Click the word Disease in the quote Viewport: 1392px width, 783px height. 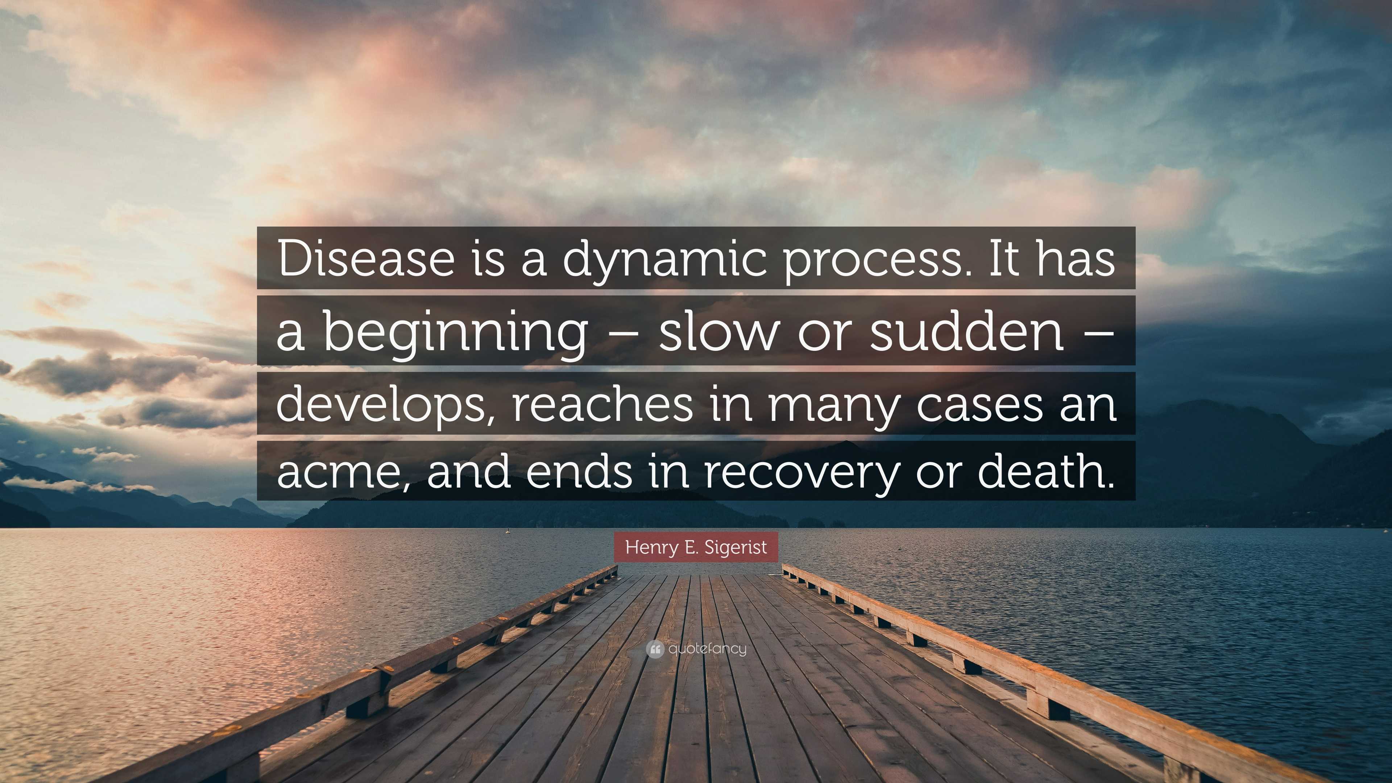(x=366, y=259)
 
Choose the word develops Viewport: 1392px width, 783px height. (x=384, y=405)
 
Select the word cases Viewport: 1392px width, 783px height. (x=979, y=405)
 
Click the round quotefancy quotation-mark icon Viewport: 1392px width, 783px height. (x=654, y=649)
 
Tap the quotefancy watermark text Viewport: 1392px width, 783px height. (x=707, y=649)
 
